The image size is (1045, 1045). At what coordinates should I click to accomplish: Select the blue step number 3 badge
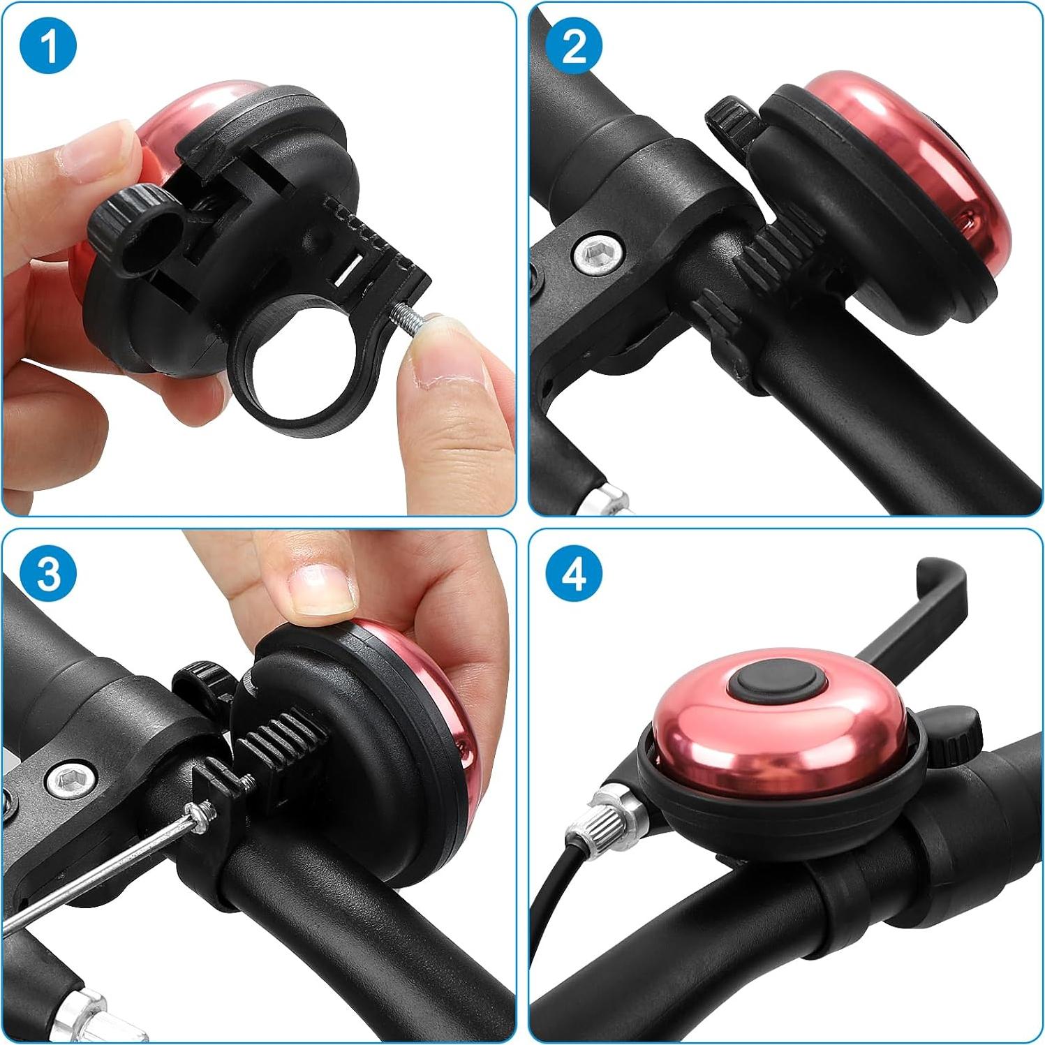point(48,574)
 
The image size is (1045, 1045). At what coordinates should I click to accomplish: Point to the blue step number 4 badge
point(574,574)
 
